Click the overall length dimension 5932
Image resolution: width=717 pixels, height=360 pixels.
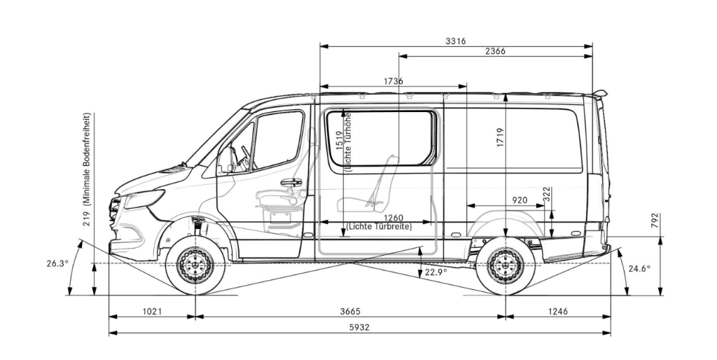[360, 328]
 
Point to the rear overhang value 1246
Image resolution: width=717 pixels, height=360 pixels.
[558, 311]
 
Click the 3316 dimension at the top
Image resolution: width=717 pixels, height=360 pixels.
[455, 41]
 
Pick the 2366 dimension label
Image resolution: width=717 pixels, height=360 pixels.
[494, 51]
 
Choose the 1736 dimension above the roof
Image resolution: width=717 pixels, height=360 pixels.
[393, 81]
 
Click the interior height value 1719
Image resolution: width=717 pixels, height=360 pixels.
[500, 136]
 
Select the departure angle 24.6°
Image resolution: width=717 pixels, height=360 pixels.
[639, 268]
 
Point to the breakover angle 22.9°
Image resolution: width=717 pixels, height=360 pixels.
[436, 272]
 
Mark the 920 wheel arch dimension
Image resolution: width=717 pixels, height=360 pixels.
[520, 200]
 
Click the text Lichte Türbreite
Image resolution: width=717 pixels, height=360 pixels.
[379, 227]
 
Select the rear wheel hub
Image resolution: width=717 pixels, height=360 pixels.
[506, 265]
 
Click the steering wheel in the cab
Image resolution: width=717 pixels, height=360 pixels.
[245, 157]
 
